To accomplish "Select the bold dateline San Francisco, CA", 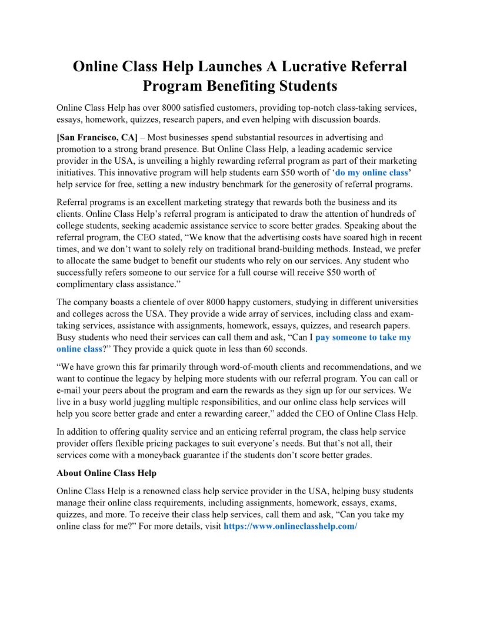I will tap(97, 138).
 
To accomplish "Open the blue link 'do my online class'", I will tap(372, 172).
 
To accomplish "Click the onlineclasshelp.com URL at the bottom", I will tap(291, 525).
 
